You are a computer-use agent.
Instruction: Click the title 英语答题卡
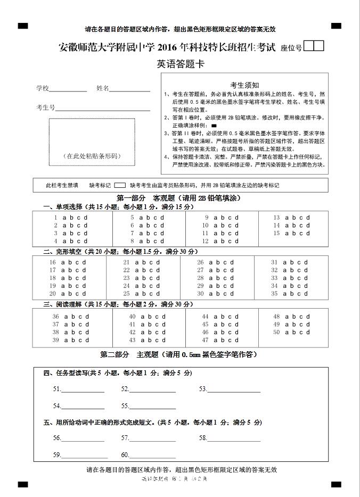pyautogui.click(x=181, y=64)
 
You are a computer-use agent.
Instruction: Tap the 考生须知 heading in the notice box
pyautogui.click(x=244, y=85)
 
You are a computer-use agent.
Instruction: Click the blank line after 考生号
pyautogui.click(x=103, y=110)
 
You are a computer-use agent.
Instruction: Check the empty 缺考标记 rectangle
pyautogui.click(x=120, y=186)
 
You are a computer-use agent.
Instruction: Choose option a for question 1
pyautogui.click(x=64, y=218)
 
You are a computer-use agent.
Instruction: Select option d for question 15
pyautogui.click(x=308, y=233)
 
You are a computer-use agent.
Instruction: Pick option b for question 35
pyautogui.click(x=292, y=294)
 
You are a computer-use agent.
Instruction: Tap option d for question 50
pyautogui.click(x=308, y=332)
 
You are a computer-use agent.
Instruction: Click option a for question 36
pyautogui.click(x=66, y=317)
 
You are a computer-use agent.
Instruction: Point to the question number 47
pyautogui.click(x=205, y=340)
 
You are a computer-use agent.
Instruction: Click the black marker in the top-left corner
pyautogui.click(x=22, y=26)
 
